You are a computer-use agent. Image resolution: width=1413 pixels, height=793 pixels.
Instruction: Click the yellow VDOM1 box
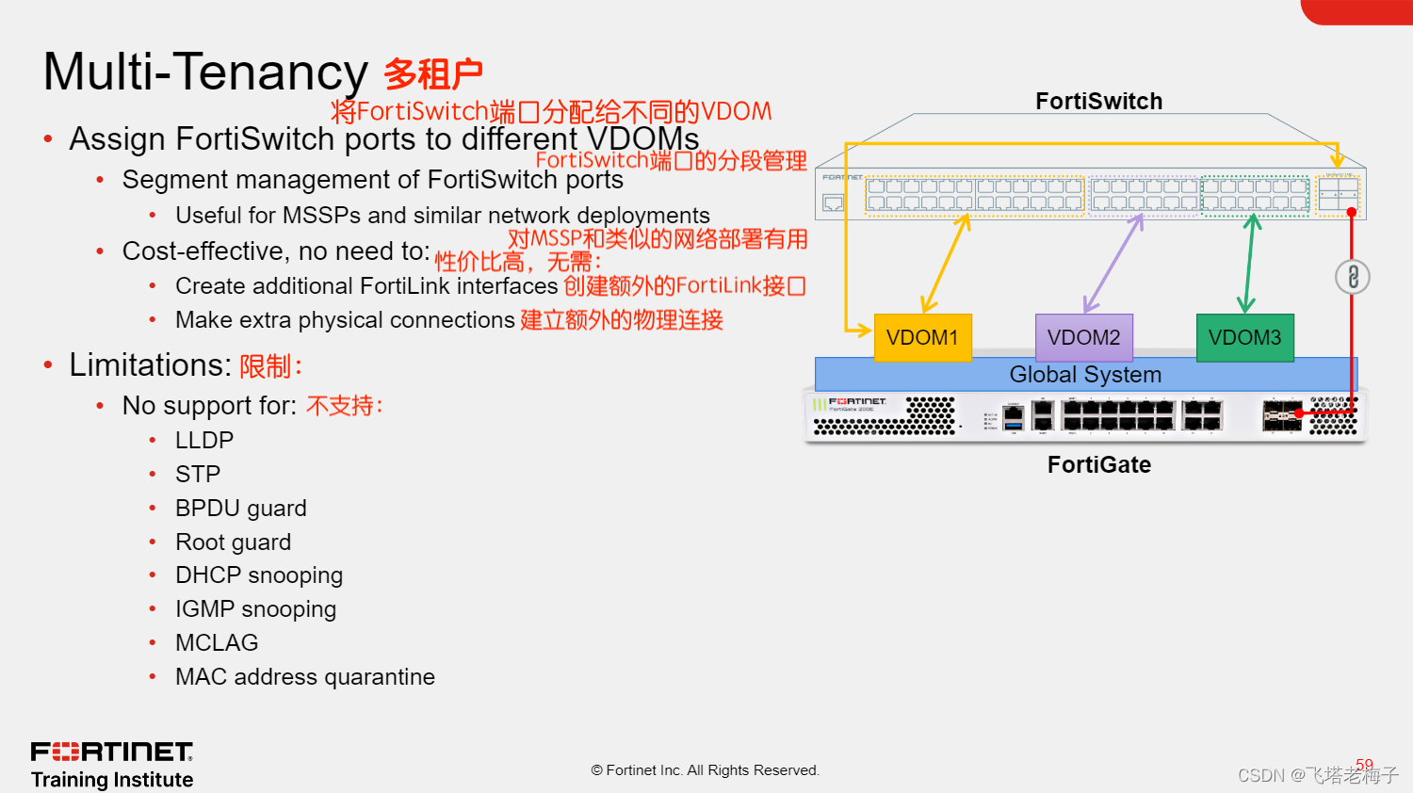(x=922, y=338)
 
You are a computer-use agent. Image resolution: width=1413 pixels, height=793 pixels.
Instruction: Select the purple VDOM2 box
(x=1083, y=338)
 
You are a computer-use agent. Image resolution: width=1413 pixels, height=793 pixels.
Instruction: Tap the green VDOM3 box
(x=1244, y=338)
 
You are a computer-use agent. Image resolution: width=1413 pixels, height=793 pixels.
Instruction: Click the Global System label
(x=1085, y=375)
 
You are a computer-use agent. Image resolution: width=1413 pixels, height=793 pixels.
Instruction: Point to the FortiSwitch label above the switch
(x=1098, y=102)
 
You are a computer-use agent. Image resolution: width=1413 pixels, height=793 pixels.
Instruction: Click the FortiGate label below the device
(x=1098, y=465)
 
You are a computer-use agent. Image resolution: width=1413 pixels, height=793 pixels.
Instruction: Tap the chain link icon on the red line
(x=1353, y=277)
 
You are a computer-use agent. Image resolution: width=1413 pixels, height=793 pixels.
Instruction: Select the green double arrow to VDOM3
(x=1249, y=264)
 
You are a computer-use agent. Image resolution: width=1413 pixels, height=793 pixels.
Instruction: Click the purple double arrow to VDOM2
(x=1113, y=264)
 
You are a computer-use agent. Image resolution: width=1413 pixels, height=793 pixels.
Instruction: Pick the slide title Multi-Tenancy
(x=205, y=73)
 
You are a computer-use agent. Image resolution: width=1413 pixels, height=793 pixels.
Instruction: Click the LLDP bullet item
(x=204, y=441)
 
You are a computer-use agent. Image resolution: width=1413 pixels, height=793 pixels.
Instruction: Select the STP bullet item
(x=198, y=475)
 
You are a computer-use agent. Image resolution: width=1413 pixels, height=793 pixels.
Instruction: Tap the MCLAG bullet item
(x=217, y=643)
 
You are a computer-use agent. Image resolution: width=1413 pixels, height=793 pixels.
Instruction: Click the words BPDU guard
(x=241, y=509)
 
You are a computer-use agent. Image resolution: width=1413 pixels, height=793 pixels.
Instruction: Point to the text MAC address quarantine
(x=305, y=677)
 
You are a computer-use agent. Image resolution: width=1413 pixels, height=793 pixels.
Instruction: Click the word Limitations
(x=150, y=365)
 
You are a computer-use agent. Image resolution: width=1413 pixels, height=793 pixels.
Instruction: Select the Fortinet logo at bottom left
(x=112, y=753)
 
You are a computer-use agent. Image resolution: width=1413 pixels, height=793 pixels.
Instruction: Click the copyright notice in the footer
(x=706, y=770)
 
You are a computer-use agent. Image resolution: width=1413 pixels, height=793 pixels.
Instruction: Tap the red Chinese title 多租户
(x=433, y=73)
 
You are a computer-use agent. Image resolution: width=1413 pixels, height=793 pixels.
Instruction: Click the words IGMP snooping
(x=255, y=609)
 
